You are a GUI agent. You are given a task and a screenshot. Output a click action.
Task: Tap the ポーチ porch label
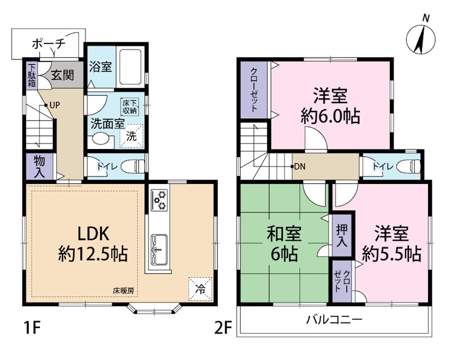(x=49, y=43)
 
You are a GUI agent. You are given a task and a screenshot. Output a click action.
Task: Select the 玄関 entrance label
(x=62, y=74)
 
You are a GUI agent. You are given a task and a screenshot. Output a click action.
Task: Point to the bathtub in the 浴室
(x=130, y=66)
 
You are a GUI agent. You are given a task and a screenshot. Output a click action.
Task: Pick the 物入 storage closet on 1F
(x=39, y=166)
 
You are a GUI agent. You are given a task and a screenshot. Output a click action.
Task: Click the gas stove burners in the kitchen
(x=160, y=199)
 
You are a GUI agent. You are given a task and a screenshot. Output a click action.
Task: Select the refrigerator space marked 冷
(x=200, y=287)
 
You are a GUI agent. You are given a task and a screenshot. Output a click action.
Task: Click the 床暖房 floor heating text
(x=123, y=291)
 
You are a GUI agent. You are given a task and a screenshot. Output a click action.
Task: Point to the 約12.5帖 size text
(x=93, y=254)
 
